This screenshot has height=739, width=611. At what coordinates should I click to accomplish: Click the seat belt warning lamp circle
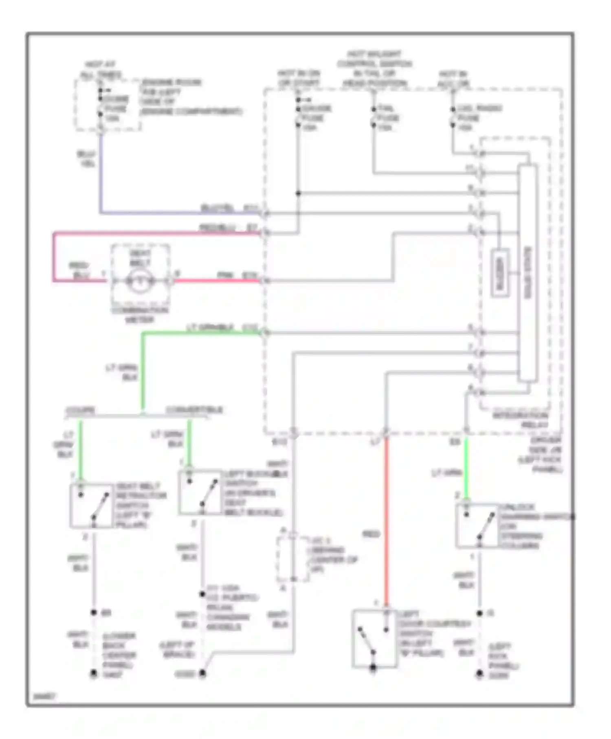point(139,281)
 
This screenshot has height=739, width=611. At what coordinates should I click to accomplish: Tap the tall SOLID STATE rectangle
point(528,273)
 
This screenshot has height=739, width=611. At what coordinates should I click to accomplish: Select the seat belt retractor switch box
point(92,506)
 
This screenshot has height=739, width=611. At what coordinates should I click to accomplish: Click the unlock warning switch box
point(477,526)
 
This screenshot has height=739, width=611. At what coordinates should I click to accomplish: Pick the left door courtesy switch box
point(374,638)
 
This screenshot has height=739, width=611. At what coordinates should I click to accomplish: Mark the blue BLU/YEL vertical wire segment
point(101,171)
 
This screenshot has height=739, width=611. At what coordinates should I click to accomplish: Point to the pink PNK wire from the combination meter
point(216,281)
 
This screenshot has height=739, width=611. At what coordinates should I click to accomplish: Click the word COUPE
point(80,410)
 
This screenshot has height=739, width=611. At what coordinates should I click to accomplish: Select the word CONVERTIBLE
point(194,410)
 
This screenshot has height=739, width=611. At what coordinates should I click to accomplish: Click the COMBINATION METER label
point(139,315)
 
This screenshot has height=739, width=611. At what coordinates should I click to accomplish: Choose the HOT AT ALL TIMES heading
point(100,70)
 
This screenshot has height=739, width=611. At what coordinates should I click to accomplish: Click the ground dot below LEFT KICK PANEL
point(479,674)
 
